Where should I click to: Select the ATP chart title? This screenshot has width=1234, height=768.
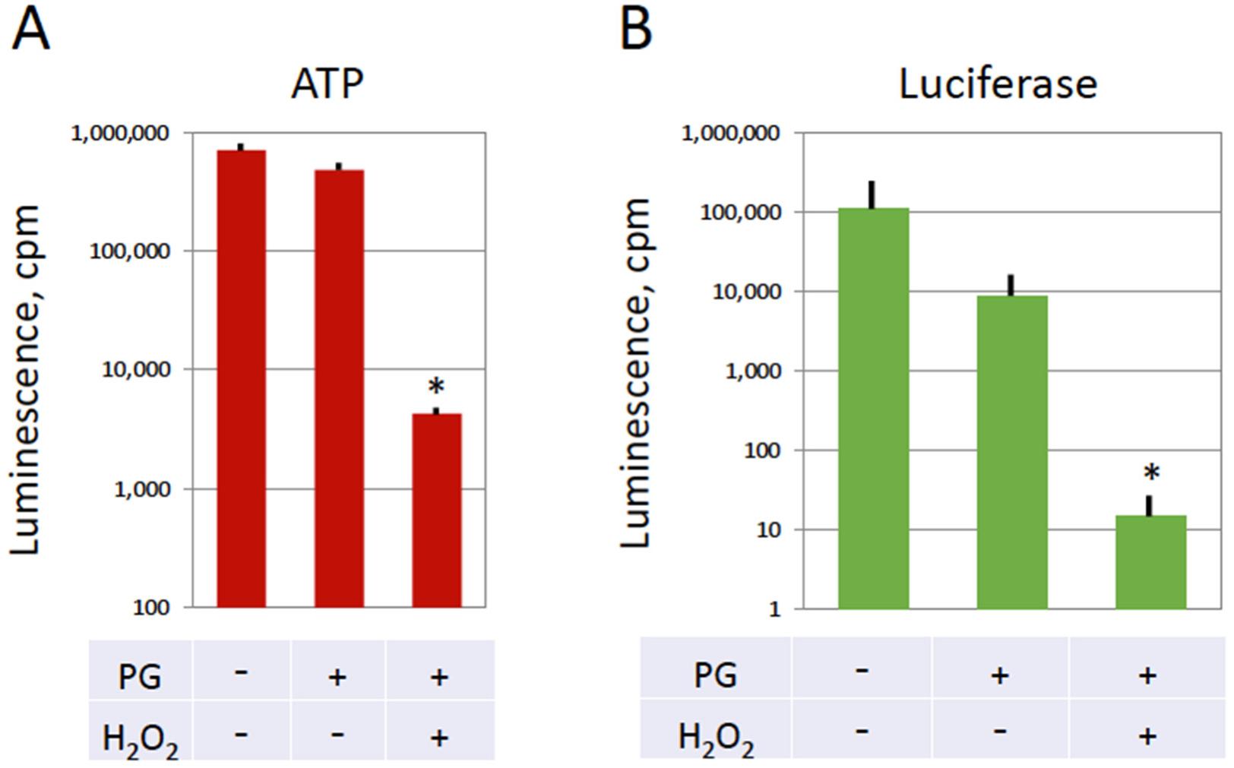pyautogui.click(x=327, y=84)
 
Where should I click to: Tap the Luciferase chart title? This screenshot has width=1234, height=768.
pyautogui.click(x=998, y=84)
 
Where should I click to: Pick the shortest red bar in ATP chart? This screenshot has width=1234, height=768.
pyautogui.click(x=436, y=510)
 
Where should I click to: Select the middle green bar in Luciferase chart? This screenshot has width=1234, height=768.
pyautogui.click(x=1011, y=452)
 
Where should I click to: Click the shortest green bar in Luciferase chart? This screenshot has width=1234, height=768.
pyautogui.click(x=1150, y=561)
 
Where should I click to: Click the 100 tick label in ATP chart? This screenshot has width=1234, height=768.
pyautogui.click(x=151, y=608)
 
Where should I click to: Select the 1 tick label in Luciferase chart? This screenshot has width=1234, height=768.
pyautogui.click(x=774, y=610)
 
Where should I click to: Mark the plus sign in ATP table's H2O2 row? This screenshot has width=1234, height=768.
pyautogui.click(x=439, y=737)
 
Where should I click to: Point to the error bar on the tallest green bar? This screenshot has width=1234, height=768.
pyautogui.click(x=872, y=194)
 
